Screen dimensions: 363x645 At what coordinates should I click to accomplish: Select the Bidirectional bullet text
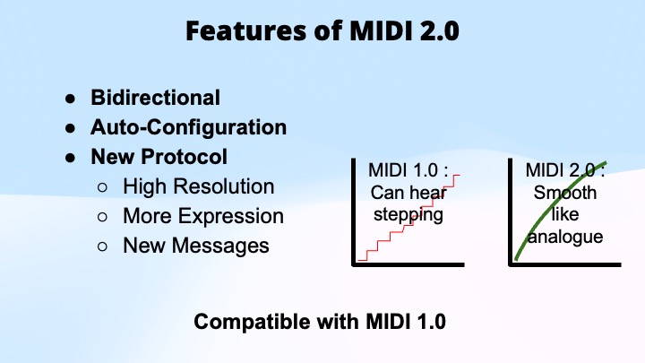(155, 97)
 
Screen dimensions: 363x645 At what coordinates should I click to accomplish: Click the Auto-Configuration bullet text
(188, 126)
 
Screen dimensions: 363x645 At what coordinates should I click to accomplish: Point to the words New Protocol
(159, 156)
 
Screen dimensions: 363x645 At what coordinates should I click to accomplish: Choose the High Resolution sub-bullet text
(198, 186)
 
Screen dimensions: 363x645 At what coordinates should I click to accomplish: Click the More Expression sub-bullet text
(202, 216)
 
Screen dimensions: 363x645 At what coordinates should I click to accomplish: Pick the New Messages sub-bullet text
(195, 245)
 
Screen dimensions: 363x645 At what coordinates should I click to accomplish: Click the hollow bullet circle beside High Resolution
(103, 187)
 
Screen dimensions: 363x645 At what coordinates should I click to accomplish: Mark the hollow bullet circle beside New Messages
(103, 246)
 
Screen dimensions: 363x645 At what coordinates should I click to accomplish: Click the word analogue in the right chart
(565, 237)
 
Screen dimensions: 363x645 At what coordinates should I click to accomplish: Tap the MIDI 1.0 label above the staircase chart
(408, 169)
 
